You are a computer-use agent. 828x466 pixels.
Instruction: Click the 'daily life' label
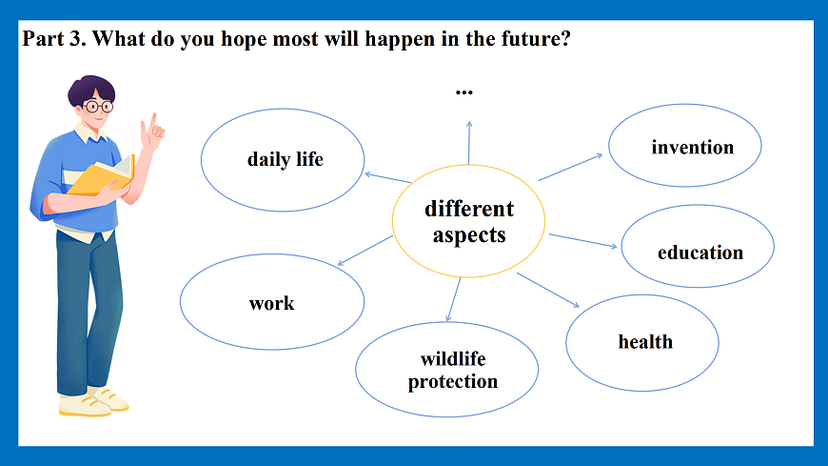[x=286, y=159]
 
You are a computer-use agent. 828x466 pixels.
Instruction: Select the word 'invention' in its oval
[x=692, y=147]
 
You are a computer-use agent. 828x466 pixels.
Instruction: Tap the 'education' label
[x=700, y=253]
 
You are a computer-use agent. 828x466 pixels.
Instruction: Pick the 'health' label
[x=645, y=342]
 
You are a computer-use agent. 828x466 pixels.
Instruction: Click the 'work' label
[x=271, y=303]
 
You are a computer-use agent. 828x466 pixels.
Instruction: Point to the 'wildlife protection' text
[x=453, y=371]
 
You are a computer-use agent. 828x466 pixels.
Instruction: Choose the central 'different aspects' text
[x=469, y=222]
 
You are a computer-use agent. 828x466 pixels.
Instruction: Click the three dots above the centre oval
[x=464, y=93]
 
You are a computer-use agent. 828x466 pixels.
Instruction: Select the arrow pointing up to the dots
[x=469, y=143]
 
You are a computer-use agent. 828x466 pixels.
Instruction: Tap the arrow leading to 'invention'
[x=570, y=167]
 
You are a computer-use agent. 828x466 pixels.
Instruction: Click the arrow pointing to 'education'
[x=583, y=241]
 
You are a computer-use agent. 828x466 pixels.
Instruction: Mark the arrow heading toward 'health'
[x=547, y=290]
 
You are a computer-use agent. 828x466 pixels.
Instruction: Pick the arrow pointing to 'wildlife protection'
[x=453, y=299]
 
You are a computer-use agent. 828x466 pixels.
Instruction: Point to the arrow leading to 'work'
[x=365, y=251]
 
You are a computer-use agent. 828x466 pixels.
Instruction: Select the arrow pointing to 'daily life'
[x=387, y=177]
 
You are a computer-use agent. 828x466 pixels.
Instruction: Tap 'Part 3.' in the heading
[x=54, y=39]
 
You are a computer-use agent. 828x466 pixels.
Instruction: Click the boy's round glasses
[x=98, y=107]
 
